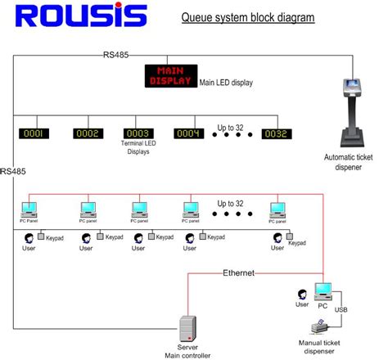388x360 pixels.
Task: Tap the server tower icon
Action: (x=188, y=326)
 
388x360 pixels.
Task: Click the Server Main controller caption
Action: (x=188, y=350)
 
